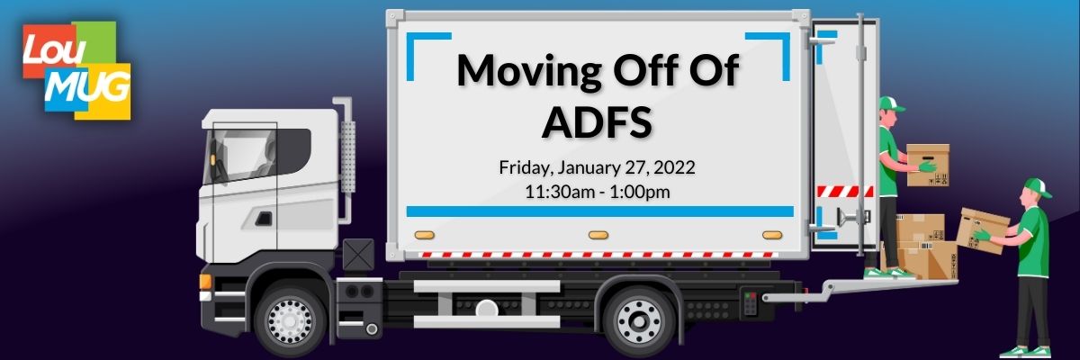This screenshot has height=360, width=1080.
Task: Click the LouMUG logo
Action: point(76,70)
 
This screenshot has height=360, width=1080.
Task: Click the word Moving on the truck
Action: point(528,71)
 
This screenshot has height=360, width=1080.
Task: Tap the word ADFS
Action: point(598,122)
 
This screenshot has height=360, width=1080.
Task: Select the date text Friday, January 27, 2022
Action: point(597,167)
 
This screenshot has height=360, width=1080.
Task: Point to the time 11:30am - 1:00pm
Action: point(598,192)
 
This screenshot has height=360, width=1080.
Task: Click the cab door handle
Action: point(263,219)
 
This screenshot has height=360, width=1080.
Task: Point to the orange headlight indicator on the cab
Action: point(205,282)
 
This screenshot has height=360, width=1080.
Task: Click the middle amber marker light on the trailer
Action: point(598,235)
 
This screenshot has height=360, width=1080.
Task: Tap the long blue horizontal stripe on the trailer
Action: point(599,211)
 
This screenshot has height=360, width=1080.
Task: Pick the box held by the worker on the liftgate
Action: point(928,166)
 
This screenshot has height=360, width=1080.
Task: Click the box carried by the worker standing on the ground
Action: point(983,230)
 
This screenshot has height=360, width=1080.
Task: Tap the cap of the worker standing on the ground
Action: point(1039,187)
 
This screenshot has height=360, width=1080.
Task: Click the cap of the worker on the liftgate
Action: point(891,103)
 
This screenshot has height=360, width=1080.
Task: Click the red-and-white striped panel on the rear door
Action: point(844,192)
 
